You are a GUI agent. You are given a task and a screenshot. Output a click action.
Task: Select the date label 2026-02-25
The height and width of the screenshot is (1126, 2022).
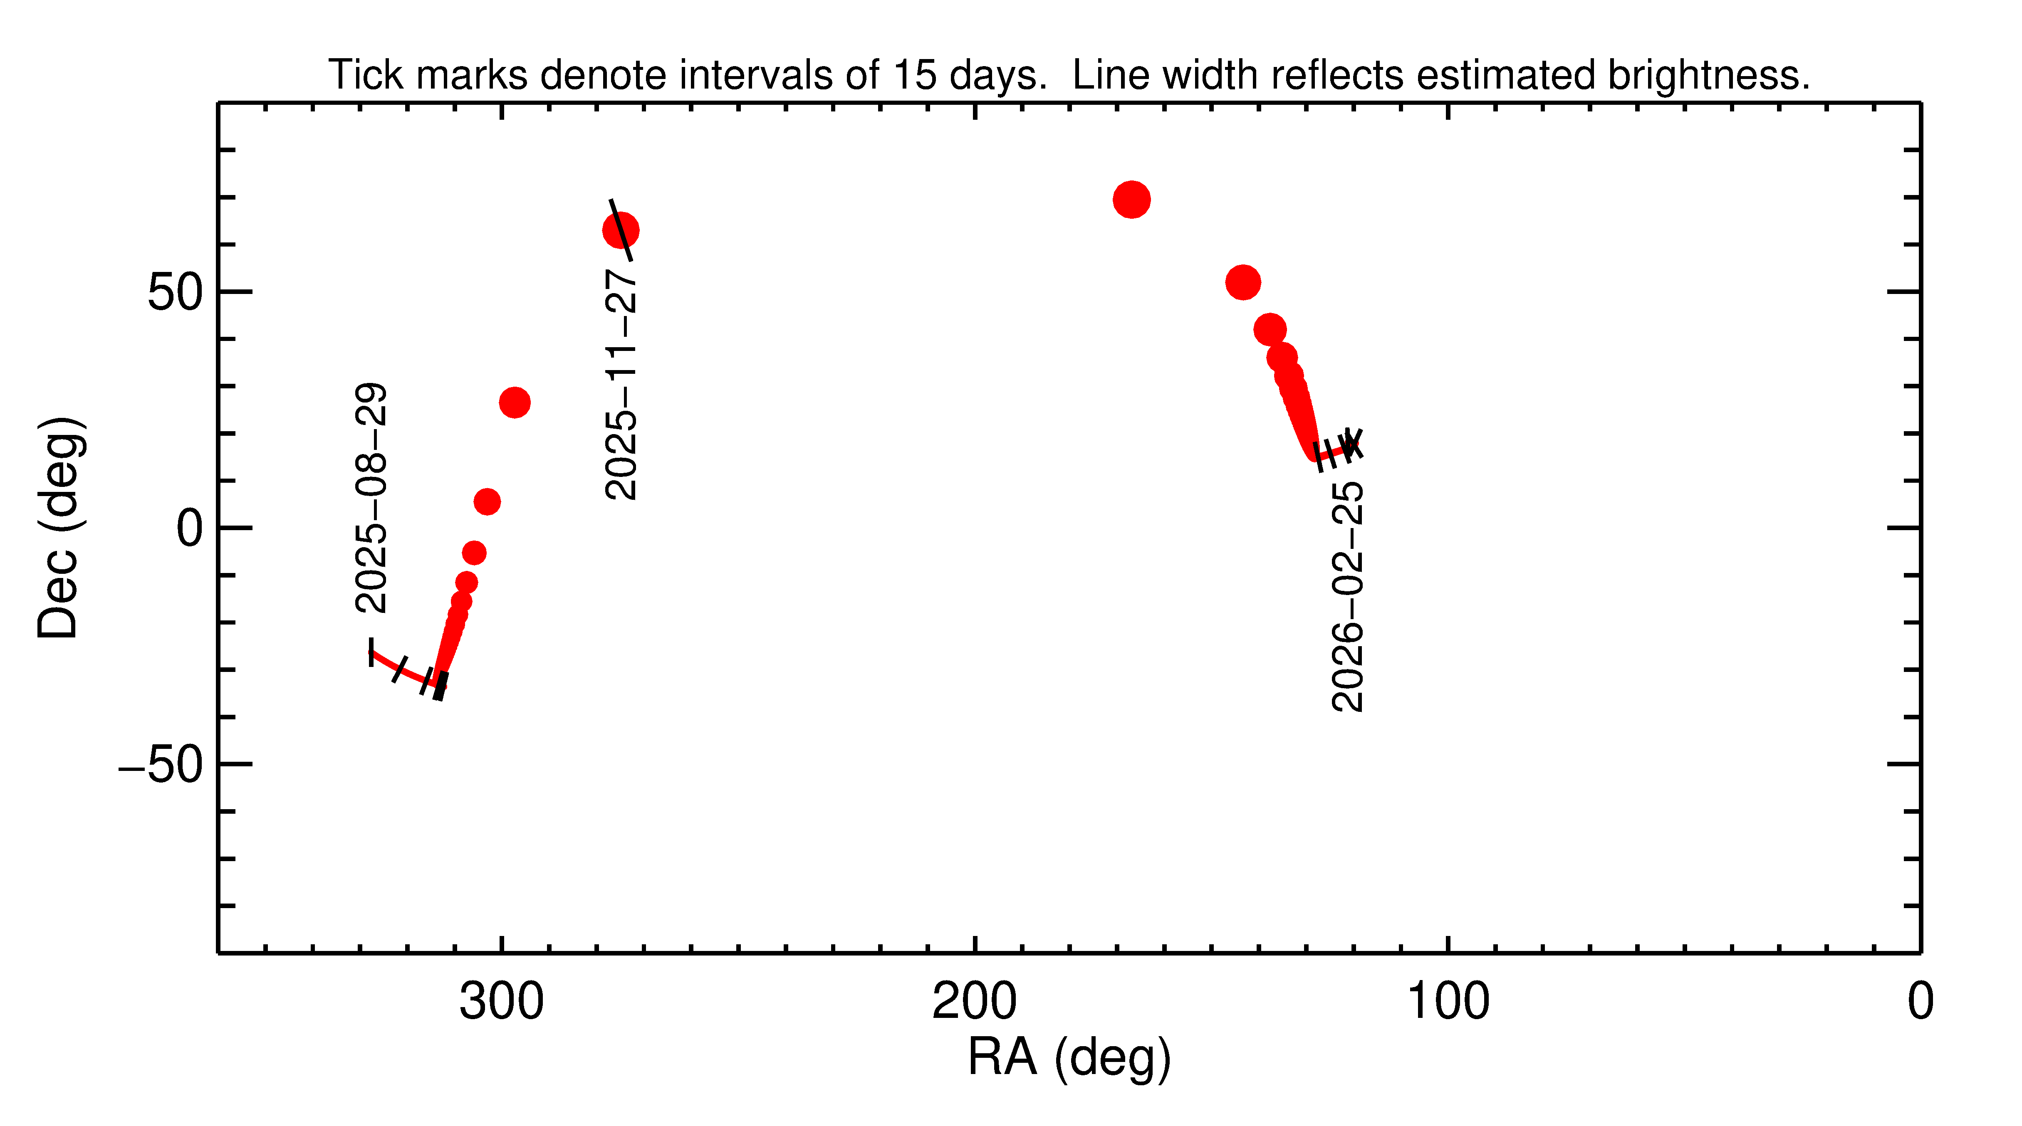click(1347, 596)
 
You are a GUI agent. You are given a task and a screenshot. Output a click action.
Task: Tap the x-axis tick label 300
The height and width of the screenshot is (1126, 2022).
click(502, 1002)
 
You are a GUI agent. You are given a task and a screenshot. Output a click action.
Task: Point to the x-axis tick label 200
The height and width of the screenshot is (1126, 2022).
click(974, 1002)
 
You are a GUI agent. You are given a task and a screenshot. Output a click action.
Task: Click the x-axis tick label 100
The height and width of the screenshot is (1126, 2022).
click(1448, 1002)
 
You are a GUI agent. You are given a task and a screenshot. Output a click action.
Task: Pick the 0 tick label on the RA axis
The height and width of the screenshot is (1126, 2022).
click(1920, 1002)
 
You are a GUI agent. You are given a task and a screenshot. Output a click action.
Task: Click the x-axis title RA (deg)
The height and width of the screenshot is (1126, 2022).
click(1069, 1058)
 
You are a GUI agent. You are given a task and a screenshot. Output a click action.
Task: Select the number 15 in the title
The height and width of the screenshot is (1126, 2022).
click(914, 75)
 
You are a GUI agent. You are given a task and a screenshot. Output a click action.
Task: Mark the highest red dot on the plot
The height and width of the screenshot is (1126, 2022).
click(1131, 199)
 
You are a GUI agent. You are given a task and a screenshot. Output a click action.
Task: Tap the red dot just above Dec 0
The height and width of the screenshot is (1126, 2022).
click(487, 501)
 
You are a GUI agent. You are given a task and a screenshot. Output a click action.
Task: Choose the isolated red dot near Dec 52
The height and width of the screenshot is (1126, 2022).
click(1242, 282)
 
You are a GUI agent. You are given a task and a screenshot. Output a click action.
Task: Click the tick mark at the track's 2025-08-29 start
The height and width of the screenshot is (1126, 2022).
click(371, 651)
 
